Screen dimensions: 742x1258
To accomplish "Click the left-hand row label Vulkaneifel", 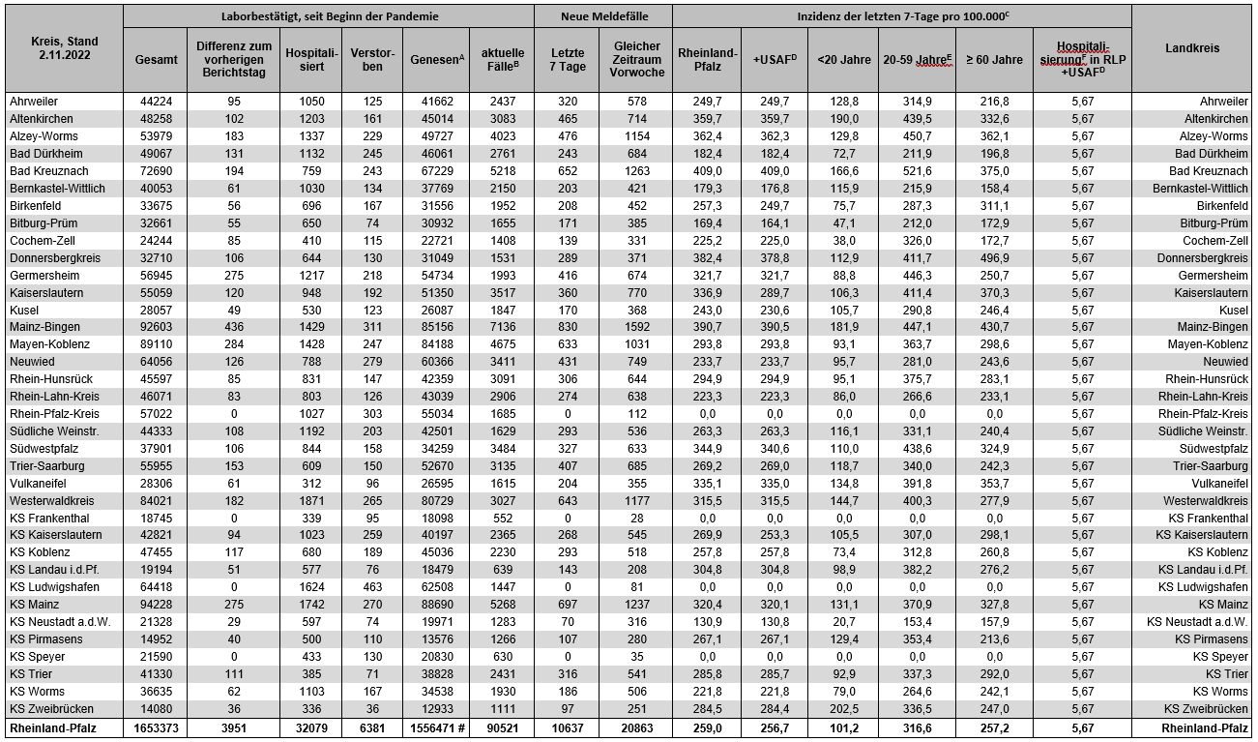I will (x=40, y=483).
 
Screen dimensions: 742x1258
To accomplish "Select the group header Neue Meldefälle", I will (x=602, y=16).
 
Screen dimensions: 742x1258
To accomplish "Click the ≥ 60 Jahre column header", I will (x=994, y=59).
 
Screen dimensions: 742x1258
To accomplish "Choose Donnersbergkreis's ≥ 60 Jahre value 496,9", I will (x=994, y=258).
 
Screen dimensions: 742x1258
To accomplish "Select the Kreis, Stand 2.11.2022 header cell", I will (x=63, y=48).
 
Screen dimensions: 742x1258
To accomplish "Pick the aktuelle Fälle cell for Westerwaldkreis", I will (x=503, y=500).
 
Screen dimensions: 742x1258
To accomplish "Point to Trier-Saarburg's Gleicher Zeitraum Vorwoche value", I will (x=634, y=466).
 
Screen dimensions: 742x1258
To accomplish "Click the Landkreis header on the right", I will (x=1191, y=48).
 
